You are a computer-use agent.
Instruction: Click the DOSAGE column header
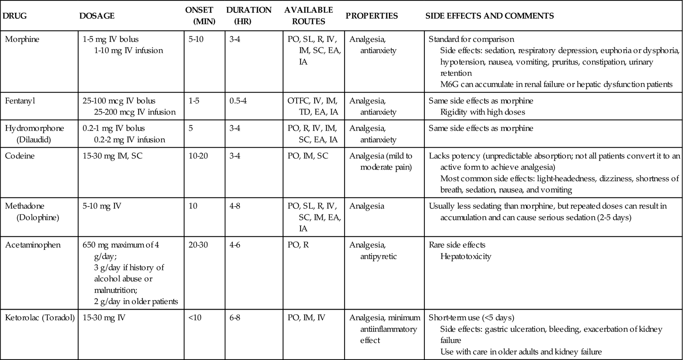(97, 16)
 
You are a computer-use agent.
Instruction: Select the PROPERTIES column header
(371, 16)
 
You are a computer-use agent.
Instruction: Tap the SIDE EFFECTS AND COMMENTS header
(490, 16)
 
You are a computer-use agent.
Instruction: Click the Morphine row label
(22, 39)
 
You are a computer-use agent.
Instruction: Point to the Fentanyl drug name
(21, 101)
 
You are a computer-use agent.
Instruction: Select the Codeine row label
(20, 156)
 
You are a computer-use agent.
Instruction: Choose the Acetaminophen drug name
(33, 245)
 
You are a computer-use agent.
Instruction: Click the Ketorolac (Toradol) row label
(40, 318)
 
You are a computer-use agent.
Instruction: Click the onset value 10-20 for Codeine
(198, 156)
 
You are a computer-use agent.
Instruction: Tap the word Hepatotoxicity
(466, 256)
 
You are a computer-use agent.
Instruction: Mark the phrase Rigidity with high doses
(482, 112)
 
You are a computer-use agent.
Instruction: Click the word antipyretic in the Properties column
(379, 256)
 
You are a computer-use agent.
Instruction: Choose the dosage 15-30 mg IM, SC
(113, 156)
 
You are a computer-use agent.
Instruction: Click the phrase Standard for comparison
(471, 39)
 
